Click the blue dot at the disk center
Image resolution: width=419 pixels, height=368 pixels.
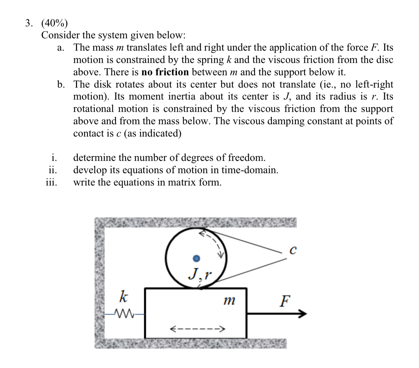196,258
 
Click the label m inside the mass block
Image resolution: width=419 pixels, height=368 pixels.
230,301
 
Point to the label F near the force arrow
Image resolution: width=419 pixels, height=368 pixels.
285,301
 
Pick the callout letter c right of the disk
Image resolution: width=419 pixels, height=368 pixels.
293,250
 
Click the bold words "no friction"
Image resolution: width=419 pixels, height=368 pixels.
165,72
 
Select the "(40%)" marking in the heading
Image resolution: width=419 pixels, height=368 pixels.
55,23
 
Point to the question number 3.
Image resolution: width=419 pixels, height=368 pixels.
29,23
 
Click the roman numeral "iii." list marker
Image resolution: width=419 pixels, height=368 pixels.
51,182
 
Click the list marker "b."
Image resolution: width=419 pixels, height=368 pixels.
61,84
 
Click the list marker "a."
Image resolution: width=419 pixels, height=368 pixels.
60,48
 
